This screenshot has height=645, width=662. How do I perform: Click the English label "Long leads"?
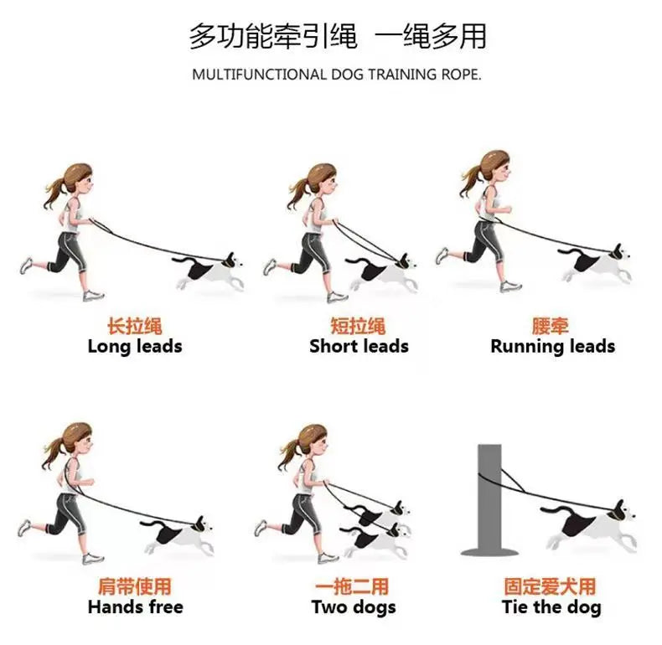coord(135,346)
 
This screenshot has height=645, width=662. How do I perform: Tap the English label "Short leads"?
coord(359,346)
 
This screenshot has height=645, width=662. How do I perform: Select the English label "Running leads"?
coord(552,346)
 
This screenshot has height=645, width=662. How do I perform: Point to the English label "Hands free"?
coord(135,606)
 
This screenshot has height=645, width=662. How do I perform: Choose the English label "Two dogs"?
coord(353,606)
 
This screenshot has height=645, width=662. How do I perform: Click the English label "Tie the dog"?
coord(551,606)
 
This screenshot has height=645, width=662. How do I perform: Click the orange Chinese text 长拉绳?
coord(135,326)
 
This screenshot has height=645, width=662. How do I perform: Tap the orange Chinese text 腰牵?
coord(551,326)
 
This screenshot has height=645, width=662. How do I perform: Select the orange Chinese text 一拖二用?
coord(352,586)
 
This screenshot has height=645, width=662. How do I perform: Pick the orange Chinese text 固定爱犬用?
coord(550,586)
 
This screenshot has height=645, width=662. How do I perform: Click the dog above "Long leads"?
coord(209,271)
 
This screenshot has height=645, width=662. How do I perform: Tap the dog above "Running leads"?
coord(597,263)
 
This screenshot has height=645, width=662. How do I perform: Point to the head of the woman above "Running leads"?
coord(494,165)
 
